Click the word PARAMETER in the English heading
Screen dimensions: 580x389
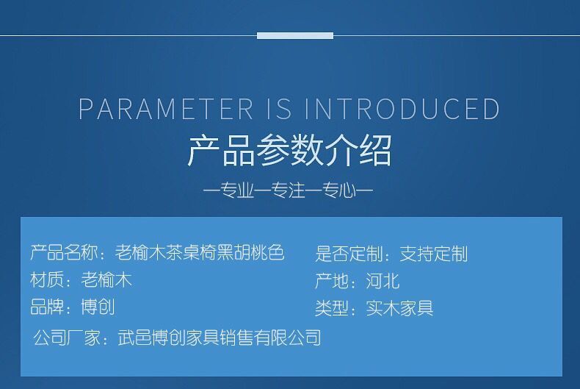166,109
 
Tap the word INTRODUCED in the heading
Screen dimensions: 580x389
402,109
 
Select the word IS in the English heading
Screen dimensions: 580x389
279,109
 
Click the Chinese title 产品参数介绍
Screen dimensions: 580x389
289,151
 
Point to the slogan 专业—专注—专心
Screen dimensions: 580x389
288,190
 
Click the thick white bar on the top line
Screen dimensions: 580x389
295,35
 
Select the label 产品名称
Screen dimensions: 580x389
65,253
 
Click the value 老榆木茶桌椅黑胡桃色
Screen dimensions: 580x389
200,253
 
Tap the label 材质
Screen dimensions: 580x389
47,279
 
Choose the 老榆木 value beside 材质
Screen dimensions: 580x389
106,279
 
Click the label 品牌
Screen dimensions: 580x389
47,307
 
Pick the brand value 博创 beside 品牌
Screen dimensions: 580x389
98,307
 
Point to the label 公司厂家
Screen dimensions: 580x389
67,338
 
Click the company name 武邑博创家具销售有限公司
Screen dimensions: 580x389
220,338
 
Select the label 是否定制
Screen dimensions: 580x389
349,254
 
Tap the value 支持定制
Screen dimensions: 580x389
434,254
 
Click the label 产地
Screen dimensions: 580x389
332,281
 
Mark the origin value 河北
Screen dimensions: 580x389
383,281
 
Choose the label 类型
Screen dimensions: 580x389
332,308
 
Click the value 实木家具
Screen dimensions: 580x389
400,308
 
